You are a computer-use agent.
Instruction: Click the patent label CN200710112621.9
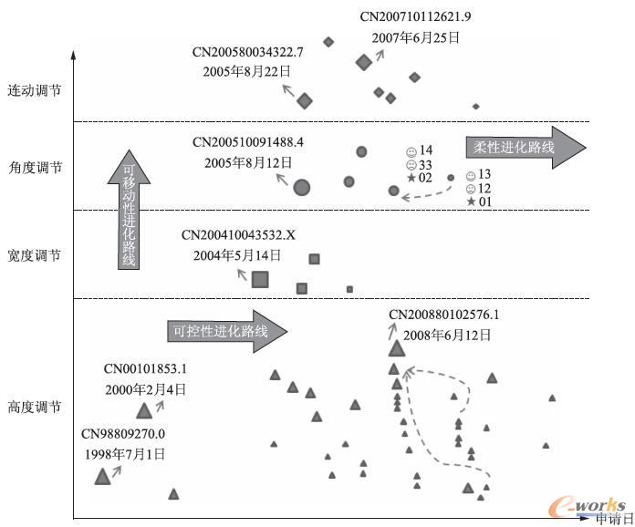tap(415, 16)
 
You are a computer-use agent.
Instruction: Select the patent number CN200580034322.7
tap(248, 52)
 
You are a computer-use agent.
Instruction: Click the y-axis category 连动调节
tap(35, 91)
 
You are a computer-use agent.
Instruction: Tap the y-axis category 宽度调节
tap(35, 256)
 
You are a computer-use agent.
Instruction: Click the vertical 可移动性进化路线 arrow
tap(129, 210)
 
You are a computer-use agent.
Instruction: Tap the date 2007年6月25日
tap(415, 38)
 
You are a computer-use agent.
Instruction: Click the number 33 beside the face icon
tap(425, 164)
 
